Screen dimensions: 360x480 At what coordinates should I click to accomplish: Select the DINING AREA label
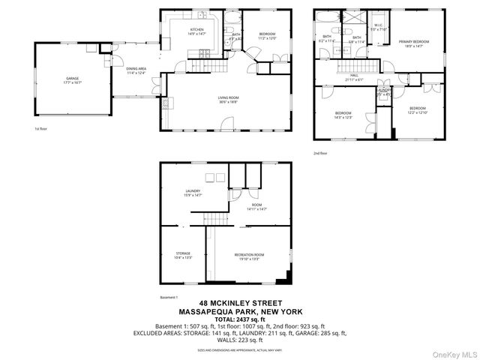tap(136, 70)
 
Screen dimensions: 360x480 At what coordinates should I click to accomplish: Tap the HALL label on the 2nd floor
tap(355, 76)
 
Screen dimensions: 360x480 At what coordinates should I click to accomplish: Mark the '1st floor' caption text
tap(42, 129)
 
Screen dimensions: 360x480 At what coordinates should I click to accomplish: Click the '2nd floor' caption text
tap(321, 153)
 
